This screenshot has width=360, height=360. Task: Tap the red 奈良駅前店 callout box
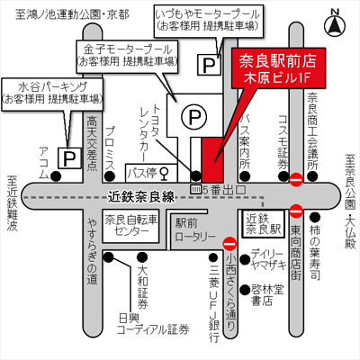[x=278, y=67]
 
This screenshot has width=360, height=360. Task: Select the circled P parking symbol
[x=193, y=116]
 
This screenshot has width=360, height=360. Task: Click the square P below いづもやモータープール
[x=209, y=65]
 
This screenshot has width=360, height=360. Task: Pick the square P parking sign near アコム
[x=69, y=157]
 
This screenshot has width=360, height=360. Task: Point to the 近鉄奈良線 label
[x=141, y=197]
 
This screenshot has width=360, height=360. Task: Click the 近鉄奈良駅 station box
[x=263, y=224]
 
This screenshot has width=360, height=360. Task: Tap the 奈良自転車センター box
[x=130, y=226]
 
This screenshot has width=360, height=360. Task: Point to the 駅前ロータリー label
[x=195, y=230]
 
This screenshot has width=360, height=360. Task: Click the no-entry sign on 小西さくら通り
[x=230, y=243]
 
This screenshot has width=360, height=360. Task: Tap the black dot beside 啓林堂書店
[x=246, y=290]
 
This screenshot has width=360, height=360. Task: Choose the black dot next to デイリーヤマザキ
[x=246, y=258]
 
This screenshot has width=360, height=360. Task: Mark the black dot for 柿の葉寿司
[x=315, y=217]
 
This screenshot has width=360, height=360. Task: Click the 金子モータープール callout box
[x=127, y=56]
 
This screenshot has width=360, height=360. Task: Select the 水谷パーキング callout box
[x=52, y=94]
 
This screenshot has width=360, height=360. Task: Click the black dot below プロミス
[x=110, y=175]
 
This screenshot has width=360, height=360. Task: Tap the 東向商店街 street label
[x=296, y=252]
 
